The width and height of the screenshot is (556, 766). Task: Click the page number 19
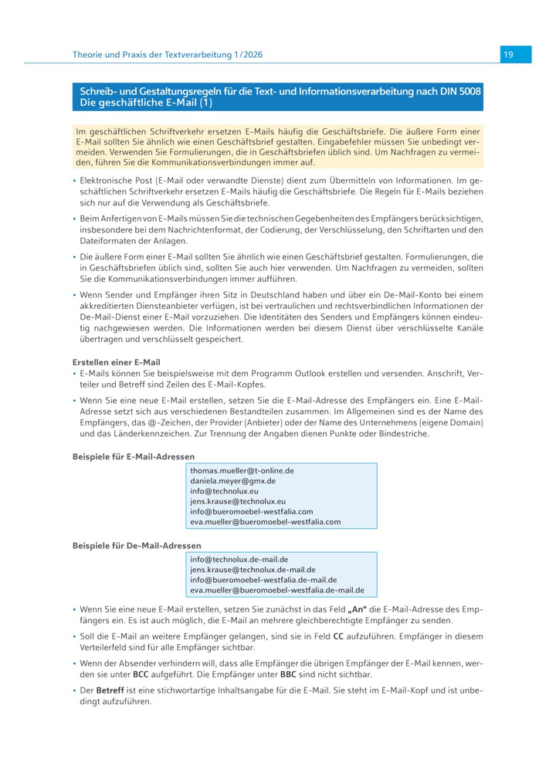(x=509, y=55)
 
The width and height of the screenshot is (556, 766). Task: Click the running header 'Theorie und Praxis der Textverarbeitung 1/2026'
(x=168, y=55)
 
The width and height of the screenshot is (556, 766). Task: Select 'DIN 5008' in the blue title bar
(x=460, y=92)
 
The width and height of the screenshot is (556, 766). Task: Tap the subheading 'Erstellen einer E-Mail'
(x=117, y=362)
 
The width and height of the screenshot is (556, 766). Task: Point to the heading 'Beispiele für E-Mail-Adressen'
(x=134, y=456)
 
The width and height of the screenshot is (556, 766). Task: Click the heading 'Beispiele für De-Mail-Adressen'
(x=137, y=546)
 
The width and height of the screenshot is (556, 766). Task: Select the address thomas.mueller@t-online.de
(x=242, y=469)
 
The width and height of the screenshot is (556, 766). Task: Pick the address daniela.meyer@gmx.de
(x=232, y=480)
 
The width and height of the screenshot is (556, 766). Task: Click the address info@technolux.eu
(x=225, y=490)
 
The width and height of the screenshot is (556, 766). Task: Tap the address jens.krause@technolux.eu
(x=238, y=501)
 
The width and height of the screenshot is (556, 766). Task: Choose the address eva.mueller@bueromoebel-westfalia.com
(x=265, y=522)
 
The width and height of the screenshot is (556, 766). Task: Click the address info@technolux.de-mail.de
(x=239, y=559)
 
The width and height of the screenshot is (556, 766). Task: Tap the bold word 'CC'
(x=338, y=636)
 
